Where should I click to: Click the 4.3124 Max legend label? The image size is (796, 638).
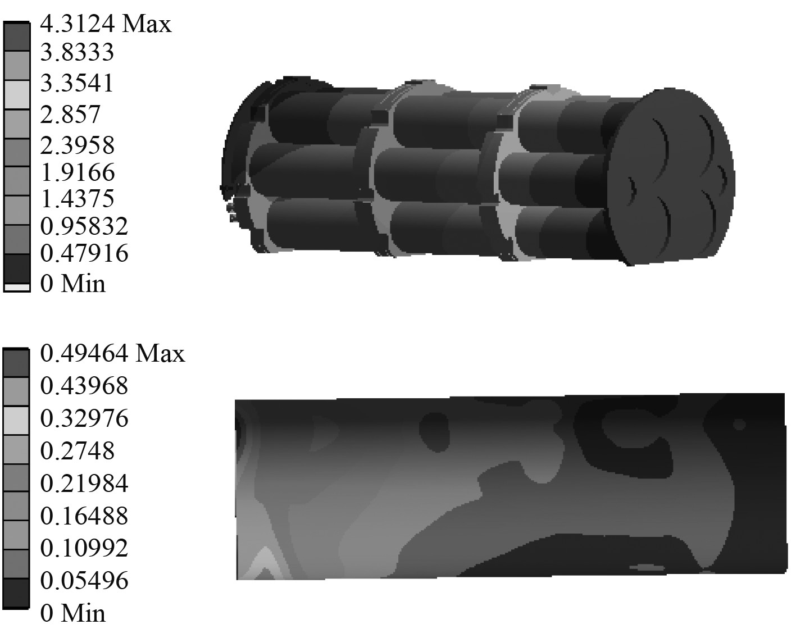pyautogui.click(x=106, y=24)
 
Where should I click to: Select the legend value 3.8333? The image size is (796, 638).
pyautogui.click(x=77, y=52)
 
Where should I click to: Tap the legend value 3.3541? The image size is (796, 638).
pyautogui.click(x=76, y=83)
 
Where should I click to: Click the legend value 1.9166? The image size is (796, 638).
pyautogui.click(x=78, y=172)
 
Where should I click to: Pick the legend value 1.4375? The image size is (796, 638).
pyautogui.click(x=78, y=199)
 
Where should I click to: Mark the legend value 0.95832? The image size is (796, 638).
pyautogui.click(x=84, y=226)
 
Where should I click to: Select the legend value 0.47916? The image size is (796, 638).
pyautogui.click(x=84, y=253)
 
